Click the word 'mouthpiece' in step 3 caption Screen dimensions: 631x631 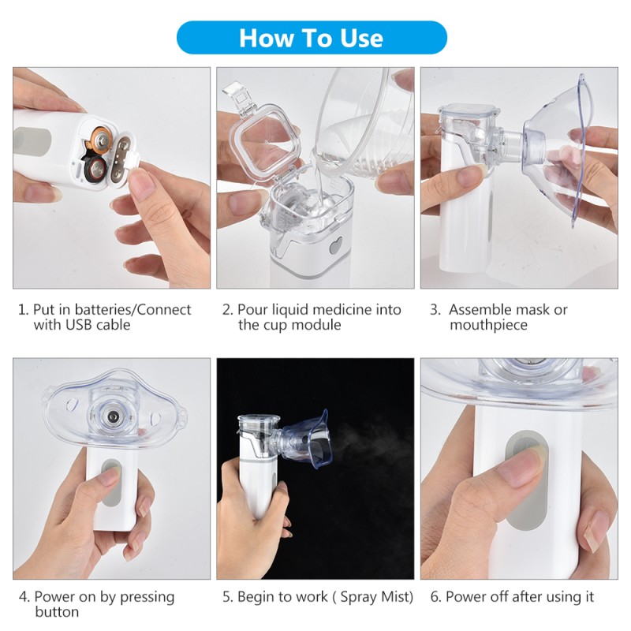click(x=488, y=325)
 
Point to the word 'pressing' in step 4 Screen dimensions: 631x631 click(x=148, y=597)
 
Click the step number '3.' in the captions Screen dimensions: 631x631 click(x=435, y=309)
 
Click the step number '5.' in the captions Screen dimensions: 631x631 click(x=227, y=597)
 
